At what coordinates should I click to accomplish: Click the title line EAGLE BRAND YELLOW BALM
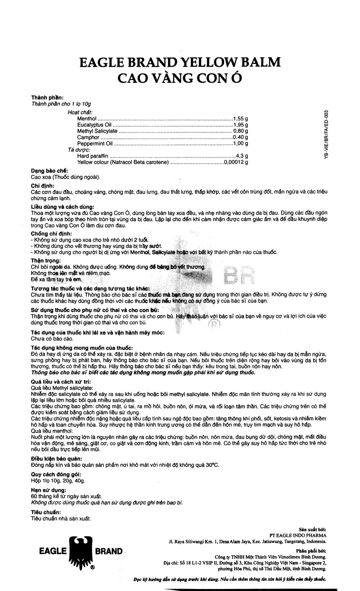[x=180, y=63]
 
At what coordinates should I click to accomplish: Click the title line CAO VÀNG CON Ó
[x=180, y=78]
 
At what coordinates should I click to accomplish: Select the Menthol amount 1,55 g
[x=240, y=119]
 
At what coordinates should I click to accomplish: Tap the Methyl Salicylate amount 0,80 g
[x=240, y=131]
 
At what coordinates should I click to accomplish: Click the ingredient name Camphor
[x=88, y=137]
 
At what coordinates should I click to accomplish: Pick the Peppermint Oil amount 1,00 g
[x=240, y=143]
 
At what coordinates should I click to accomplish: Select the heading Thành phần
[x=47, y=98]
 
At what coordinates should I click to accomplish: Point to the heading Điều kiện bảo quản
[x=56, y=459]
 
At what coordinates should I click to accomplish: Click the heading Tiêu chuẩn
[x=46, y=512]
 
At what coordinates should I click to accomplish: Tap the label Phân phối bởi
[x=313, y=550]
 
